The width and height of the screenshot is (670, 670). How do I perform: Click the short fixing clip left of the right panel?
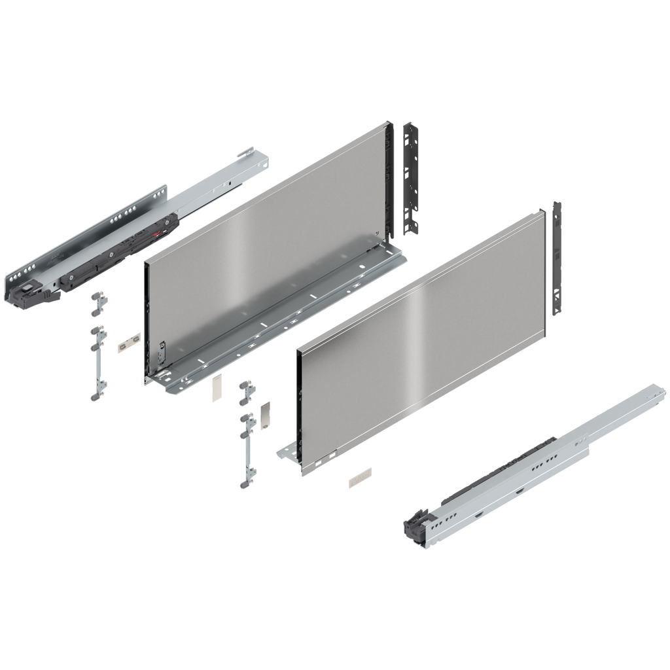[246, 393]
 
